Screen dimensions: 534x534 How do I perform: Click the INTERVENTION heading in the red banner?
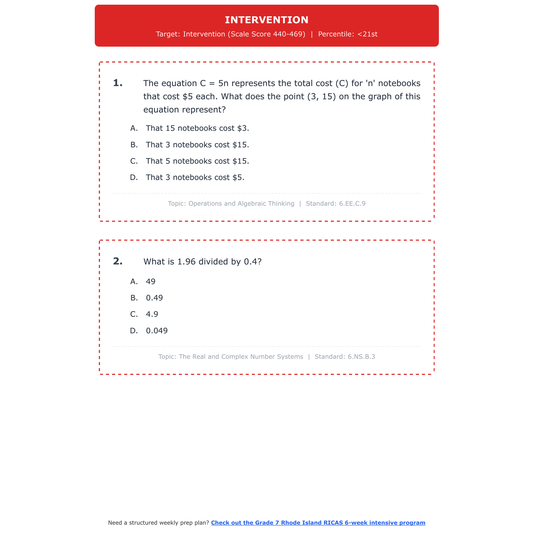(267, 20)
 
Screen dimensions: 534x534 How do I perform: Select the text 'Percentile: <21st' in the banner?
(347, 34)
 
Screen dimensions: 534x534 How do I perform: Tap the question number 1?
(117, 83)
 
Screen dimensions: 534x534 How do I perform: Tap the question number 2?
(117, 261)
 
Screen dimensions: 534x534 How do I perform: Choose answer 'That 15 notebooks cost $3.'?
(197, 128)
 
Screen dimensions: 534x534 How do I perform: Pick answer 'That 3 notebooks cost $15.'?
(197, 145)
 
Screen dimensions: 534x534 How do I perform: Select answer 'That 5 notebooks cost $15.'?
(197, 161)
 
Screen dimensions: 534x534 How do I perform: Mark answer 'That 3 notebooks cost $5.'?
(195, 177)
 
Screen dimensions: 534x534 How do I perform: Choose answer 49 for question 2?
(151, 282)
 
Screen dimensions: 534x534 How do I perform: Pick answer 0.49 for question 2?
(154, 298)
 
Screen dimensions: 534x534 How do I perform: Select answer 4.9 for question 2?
(152, 314)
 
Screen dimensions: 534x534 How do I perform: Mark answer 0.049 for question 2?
(157, 331)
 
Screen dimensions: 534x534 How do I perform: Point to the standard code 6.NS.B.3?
(361, 357)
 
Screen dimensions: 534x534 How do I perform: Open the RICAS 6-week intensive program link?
(318, 523)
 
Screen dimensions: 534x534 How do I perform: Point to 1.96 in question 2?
(187, 262)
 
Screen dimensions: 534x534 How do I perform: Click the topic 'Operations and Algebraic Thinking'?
(241, 204)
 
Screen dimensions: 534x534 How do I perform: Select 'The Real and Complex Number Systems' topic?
(241, 357)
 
